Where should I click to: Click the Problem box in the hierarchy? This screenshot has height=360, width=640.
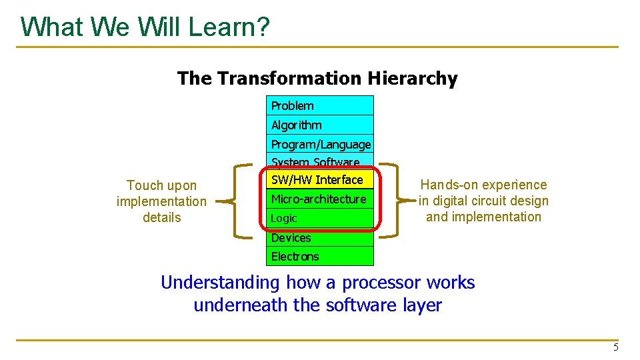point(320,106)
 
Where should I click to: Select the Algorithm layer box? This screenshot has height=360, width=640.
point(320,125)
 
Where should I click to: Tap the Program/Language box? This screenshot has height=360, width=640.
point(320,144)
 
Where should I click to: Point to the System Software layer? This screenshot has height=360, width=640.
point(320,161)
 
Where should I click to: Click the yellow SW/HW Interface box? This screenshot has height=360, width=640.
point(320,179)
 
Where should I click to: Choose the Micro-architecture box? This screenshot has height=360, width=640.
point(320,199)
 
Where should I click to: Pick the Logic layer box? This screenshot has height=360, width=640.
point(320,218)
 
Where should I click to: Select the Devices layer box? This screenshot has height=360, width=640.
point(320,238)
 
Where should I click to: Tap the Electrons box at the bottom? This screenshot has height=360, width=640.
point(320,256)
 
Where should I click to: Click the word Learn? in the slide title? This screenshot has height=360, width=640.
point(229,27)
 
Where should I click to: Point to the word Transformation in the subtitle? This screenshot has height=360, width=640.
point(289,78)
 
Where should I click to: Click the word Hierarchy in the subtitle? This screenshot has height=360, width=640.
point(413,79)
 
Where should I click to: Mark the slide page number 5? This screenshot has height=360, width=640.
point(616,348)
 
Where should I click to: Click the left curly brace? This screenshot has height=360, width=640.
point(234,201)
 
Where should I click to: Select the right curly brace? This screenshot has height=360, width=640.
point(397,201)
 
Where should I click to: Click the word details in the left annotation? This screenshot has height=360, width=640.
point(161,217)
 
